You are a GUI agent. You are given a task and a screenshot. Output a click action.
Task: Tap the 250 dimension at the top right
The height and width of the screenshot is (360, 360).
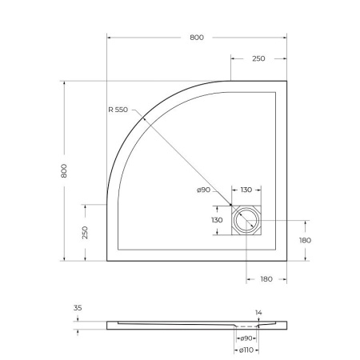pos(259,59)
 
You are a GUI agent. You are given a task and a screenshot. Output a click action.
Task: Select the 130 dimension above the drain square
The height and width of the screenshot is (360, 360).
pos(246,190)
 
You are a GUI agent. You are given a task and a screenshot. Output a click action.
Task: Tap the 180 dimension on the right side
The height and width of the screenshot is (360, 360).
pos(304,240)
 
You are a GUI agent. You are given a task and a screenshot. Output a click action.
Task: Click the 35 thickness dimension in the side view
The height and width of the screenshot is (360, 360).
pos(77,307)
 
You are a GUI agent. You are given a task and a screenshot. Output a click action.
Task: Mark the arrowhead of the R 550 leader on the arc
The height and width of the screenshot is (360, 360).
pos(144,118)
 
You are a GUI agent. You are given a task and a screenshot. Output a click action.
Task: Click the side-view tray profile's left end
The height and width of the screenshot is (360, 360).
pos(108,322)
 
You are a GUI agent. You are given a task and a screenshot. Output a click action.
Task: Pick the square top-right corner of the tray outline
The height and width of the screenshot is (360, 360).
pos(286,82)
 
